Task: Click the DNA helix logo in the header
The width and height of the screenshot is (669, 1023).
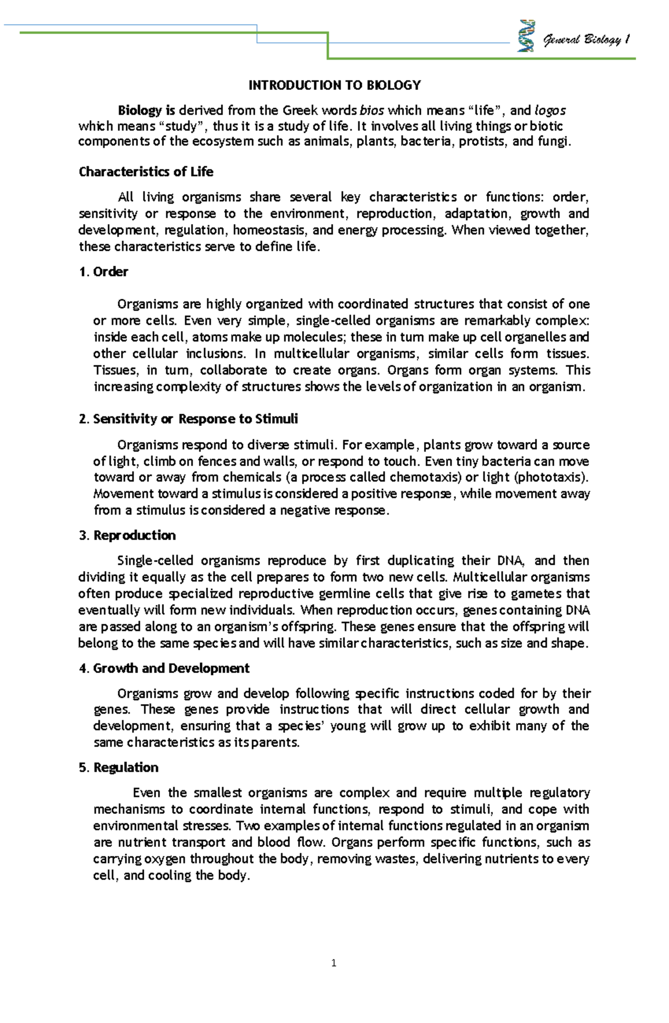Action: pyautogui.click(x=526, y=36)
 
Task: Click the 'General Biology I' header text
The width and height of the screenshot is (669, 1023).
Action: pyautogui.click(x=586, y=40)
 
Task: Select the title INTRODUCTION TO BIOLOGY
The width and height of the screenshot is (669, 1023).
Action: pyautogui.click(x=334, y=85)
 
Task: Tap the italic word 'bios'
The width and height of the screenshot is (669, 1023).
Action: pyautogui.click(x=372, y=110)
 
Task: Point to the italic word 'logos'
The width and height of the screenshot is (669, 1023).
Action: pyautogui.click(x=550, y=110)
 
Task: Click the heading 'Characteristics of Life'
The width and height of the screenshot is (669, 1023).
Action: pyautogui.click(x=146, y=172)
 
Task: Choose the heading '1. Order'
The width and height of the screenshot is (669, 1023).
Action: pyautogui.click(x=104, y=272)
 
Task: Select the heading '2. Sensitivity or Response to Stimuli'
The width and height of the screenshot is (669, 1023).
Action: pyautogui.click(x=188, y=419)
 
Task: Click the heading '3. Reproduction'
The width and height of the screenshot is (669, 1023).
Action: pyautogui.click(x=127, y=535)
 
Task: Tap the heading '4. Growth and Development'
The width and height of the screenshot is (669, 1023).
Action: pyautogui.click(x=164, y=668)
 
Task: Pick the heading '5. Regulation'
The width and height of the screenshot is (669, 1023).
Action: pyautogui.click(x=119, y=768)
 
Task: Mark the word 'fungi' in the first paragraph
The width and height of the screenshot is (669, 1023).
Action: pyautogui.click(x=552, y=142)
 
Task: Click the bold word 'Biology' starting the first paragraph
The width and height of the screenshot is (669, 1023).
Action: pyautogui.click(x=139, y=110)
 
